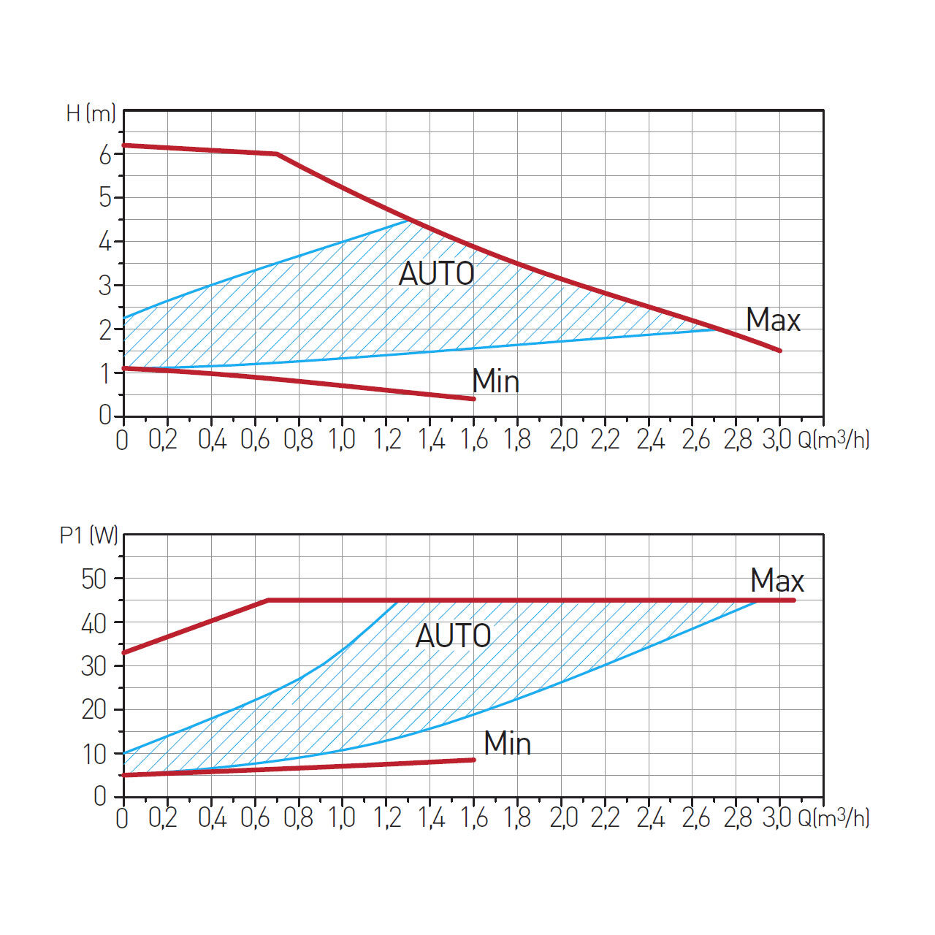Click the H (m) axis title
pos(91,114)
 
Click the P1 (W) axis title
pos(88,535)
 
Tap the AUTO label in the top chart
pos(436,275)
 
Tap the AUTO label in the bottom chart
pos(453,636)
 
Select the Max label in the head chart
pos(773,320)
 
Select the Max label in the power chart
pos(776,581)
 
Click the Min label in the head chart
pos(495,381)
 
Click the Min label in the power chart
pos(507,744)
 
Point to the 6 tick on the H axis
pos(105,154)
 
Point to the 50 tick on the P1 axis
pos(94,579)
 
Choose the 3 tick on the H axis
pos(105,286)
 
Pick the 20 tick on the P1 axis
pos(94,709)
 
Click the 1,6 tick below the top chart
pos(475,440)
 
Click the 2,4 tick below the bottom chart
pos(650,818)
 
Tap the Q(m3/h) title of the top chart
pos(833,440)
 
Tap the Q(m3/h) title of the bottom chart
pos(833,818)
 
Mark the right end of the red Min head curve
pos(473,399)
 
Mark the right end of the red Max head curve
pos(780,351)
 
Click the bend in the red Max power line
pos(268,600)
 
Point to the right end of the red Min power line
pos(473,760)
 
